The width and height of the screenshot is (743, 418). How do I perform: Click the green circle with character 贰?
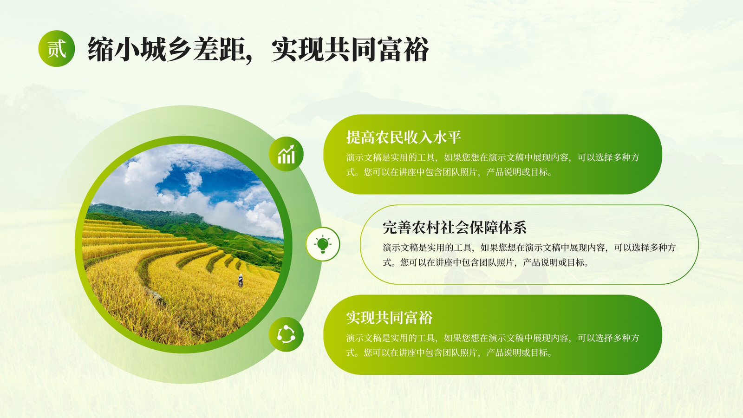pyautogui.click(x=57, y=49)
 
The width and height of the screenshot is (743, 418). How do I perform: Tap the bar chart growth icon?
pyautogui.click(x=286, y=154)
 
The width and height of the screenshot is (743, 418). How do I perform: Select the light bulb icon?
pyautogui.click(x=323, y=244)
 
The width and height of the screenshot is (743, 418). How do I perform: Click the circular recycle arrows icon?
pyautogui.click(x=286, y=334)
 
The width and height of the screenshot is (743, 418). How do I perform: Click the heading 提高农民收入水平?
pyautogui.click(x=404, y=137)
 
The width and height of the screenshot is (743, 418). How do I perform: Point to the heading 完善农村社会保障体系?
pyautogui.click(x=455, y=228)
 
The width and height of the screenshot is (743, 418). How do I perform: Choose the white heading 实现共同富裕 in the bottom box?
pyautogui.click(x=390, y=318)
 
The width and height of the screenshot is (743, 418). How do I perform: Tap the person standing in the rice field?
pyautogui.click(x=241, y=281)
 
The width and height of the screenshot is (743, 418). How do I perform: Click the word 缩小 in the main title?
pyautogui.click(x=114, y=49)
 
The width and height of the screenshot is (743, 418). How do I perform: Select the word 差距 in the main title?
pyautogui.click(x=219, y=49)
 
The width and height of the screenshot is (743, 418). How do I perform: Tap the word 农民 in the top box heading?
pyautogui.click(x=390, y=137)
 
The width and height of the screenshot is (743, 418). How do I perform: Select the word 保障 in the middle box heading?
pyautogui.click(x=483, y=228)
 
